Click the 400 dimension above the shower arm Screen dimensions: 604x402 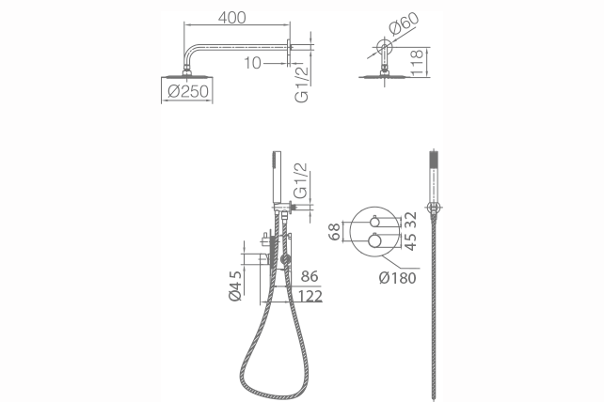coord(231,18)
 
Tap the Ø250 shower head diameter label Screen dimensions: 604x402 coord(188,91)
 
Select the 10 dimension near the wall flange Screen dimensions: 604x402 coord(252,63)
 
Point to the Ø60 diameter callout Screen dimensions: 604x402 coord(404,23)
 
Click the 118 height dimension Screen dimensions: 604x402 coord(417,62)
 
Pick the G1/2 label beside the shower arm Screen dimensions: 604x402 coord(302,83)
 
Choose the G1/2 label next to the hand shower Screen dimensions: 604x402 coord(302,180)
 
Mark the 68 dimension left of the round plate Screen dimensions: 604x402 coord(335,231)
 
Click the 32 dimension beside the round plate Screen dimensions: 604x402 coord(411,220)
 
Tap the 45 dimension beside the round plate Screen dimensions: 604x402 coord(411,241)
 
